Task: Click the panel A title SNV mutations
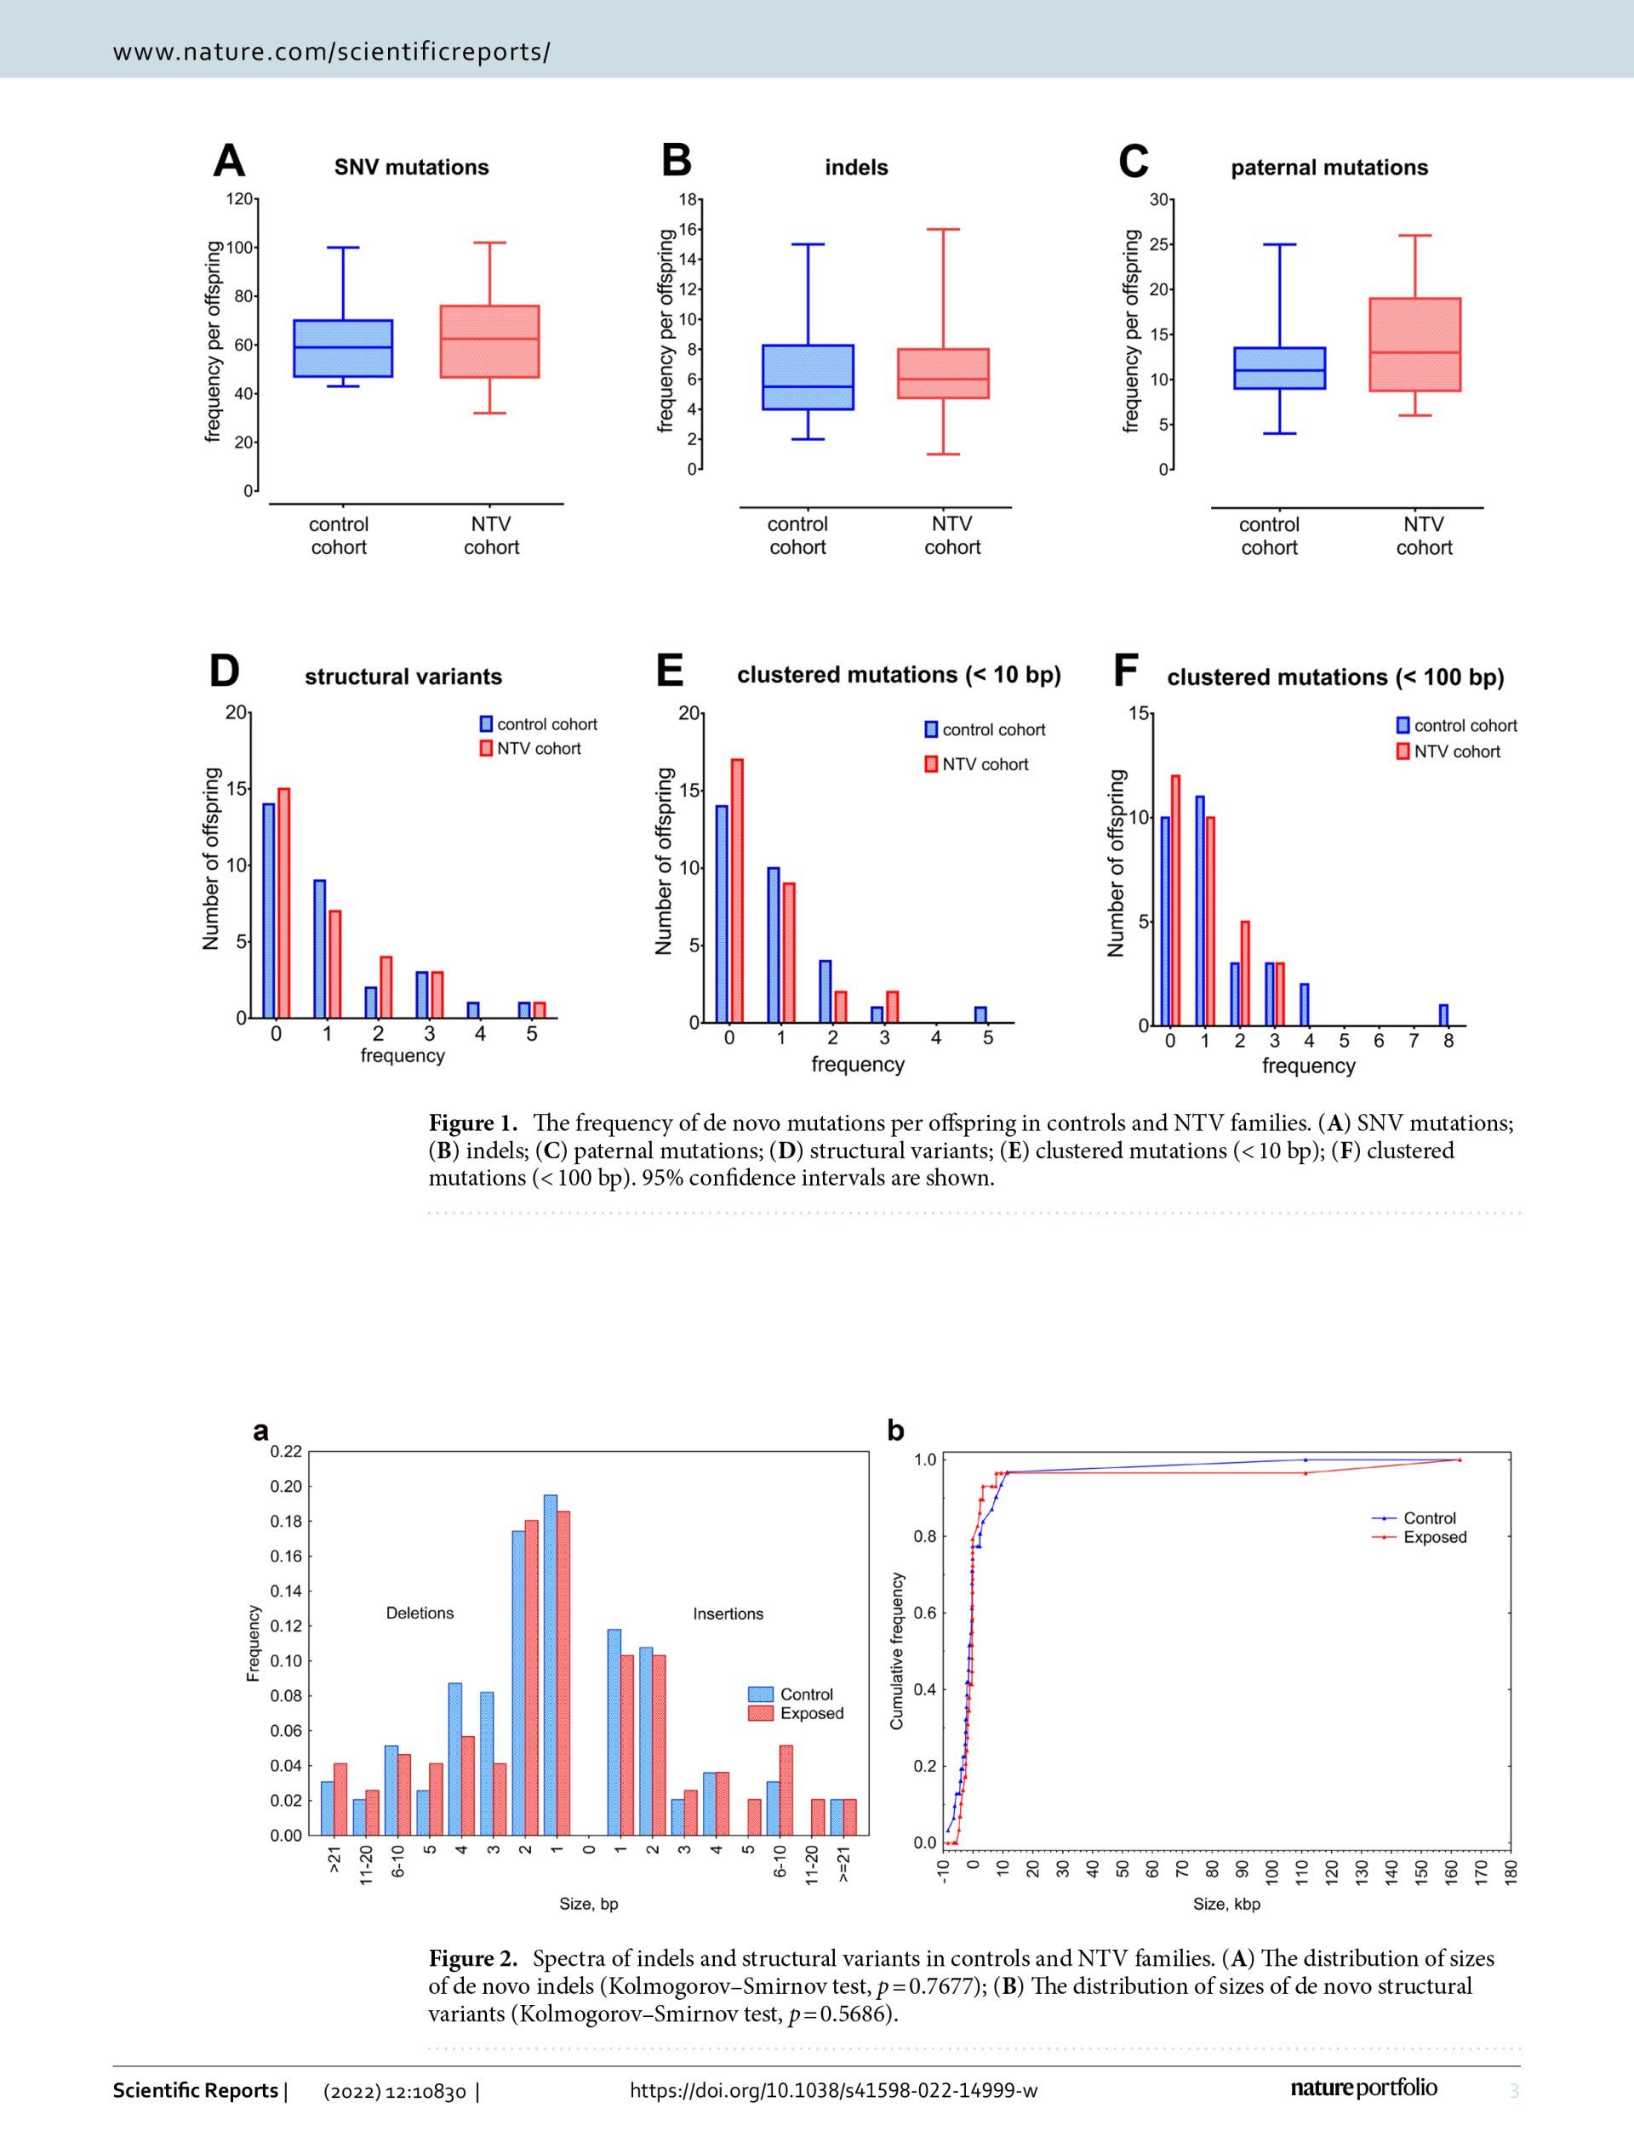(x=411, y=168)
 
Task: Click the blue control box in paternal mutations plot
(x=1279, y=368)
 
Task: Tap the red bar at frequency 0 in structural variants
(x=284, y=902)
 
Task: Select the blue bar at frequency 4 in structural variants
(x=472, y=1010)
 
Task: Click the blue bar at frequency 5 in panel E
(x=980, y=1014)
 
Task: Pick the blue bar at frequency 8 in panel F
(x=1443, y=1014)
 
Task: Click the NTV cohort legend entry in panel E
(x=976, y=764)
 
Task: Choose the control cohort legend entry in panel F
(x=1457, y=725)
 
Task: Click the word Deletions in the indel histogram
(x=420, y=1614)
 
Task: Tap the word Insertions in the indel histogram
(x=728, y=1614)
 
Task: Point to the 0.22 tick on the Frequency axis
(x=287, y=1452)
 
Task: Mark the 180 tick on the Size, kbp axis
(x=1511, y=1872)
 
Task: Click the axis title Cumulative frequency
(x=897, y=1651)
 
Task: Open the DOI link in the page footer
(x=833, y=2089)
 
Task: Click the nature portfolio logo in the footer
(x=1364, y=2088)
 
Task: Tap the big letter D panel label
(x=225, y=671)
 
